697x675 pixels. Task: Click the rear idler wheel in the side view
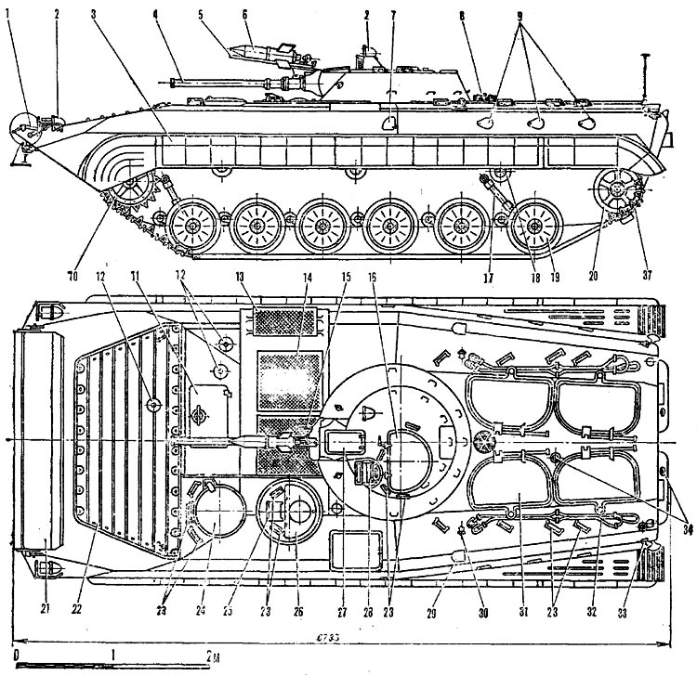[x=614, y=190]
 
